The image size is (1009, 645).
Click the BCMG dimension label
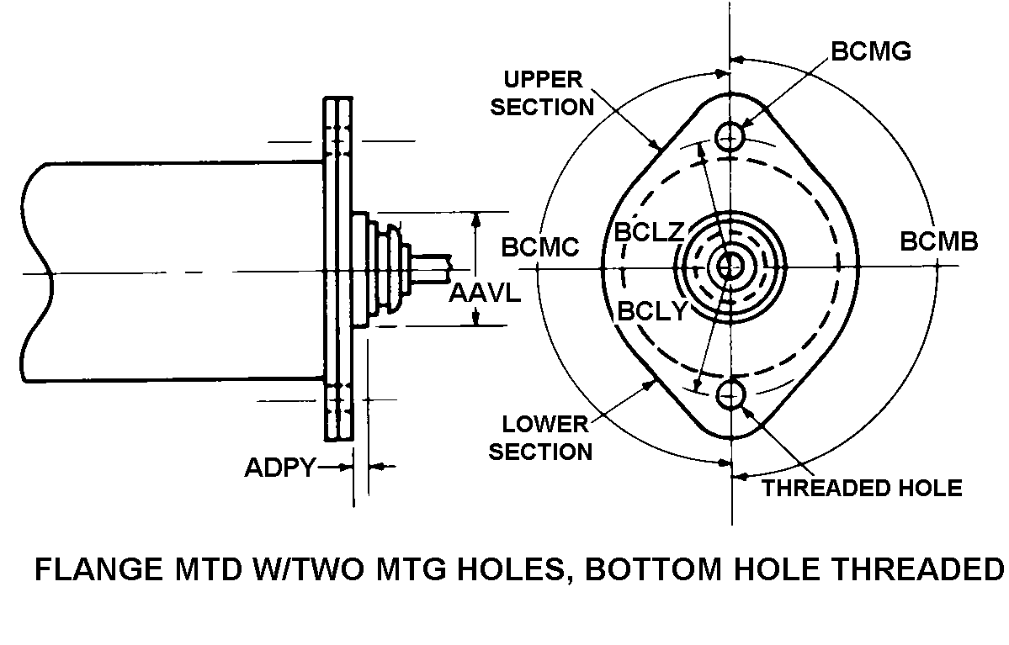pos(870,51)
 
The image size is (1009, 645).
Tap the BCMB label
pos(939,242)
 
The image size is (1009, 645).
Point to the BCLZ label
pos(648,232)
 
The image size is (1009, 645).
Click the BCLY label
pos(652,310)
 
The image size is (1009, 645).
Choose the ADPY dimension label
pos(279,468)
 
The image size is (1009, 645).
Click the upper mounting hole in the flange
pos(729,135)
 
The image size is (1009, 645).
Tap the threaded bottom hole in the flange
pos(730,393)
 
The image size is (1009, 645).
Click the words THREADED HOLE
pos(861,488)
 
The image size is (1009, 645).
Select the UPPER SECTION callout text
pos(542,93)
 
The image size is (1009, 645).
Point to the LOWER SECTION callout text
pos(540,437)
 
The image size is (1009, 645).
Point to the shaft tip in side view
pos(443,267)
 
